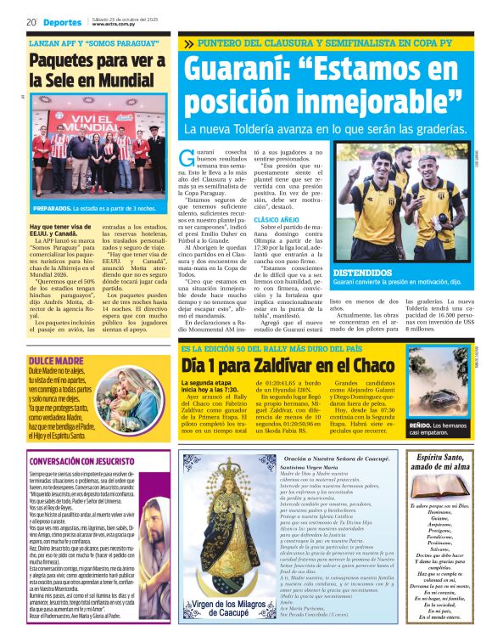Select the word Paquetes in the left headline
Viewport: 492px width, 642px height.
(x=67, y=60)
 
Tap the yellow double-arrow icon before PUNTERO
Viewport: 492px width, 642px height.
(x=187, y=43)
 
